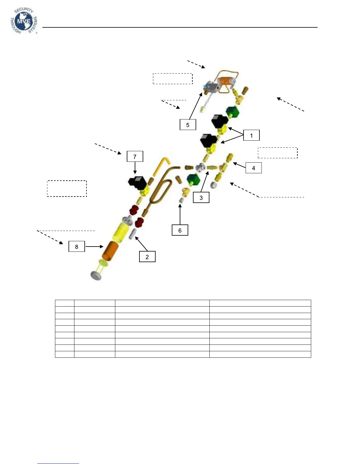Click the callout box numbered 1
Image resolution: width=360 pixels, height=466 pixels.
click(251, 136)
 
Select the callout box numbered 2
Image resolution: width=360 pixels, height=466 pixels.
click(147, 257)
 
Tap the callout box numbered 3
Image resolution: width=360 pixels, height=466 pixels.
click(201, 198)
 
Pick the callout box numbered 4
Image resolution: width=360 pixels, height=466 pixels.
click(253, 168)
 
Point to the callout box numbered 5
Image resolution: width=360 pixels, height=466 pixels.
click(188, 125)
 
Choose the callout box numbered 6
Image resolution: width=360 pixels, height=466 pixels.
click(180, 230)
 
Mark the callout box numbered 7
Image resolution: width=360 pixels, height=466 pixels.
click(135, 157)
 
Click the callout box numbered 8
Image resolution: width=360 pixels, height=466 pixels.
click(76, 247)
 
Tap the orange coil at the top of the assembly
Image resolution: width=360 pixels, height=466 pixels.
click(226, 81)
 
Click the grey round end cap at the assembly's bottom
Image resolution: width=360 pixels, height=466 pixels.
click(96, 275)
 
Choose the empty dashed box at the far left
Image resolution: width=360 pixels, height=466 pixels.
click(67, 189)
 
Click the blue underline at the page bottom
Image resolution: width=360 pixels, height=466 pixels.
click(58, 463)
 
